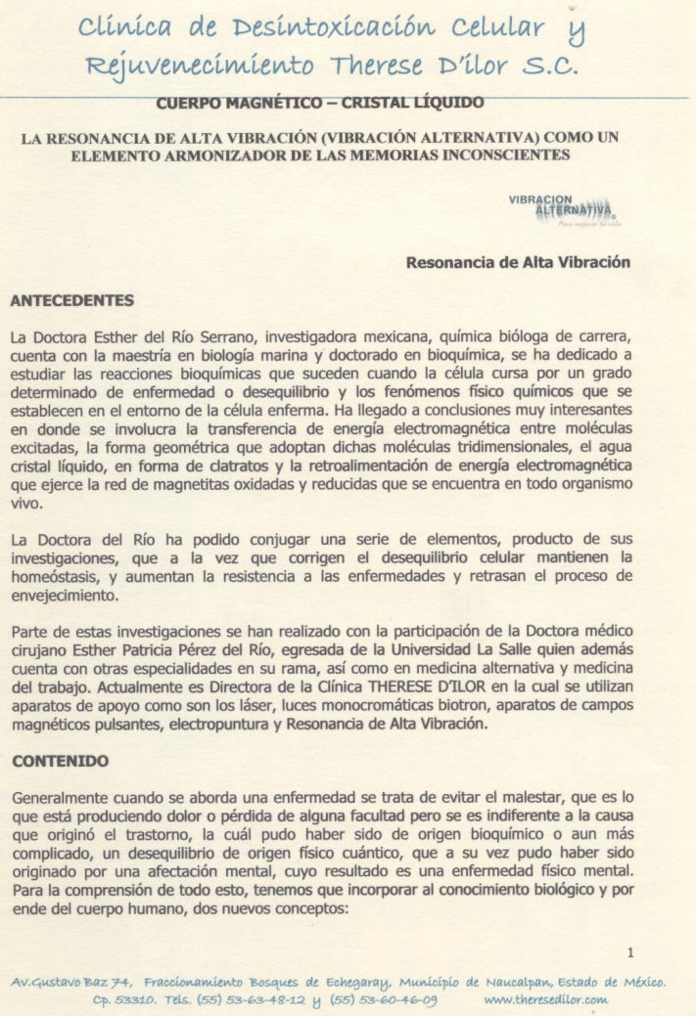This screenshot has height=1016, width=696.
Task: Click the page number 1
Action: (x=630, y=951)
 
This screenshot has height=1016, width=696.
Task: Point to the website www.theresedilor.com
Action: (x=546, y=1000)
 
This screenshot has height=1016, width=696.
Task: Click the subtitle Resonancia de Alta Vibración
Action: (x=518, y=262)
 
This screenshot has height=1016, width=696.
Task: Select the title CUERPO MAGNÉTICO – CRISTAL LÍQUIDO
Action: (x=319, y=102)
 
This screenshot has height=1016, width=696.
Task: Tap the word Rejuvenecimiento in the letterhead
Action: (x=201, y=66)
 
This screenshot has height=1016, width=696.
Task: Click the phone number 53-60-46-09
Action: (x=390, y=1000)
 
